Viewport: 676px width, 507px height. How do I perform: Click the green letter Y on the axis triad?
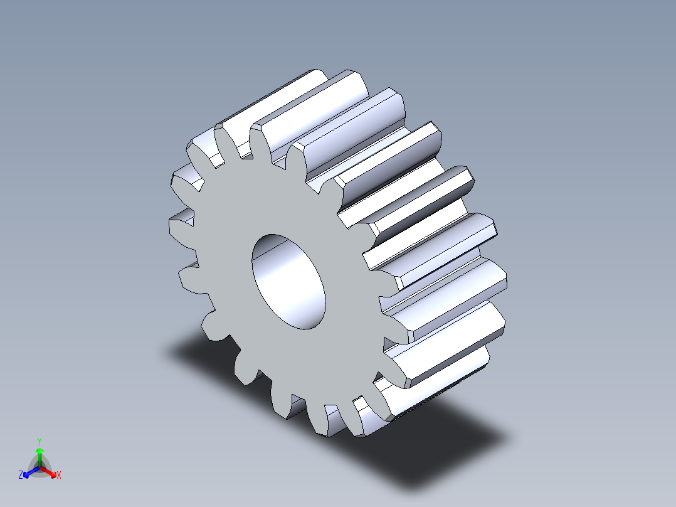pos(40,440)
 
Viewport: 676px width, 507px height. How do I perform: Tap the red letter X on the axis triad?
pos(58,475)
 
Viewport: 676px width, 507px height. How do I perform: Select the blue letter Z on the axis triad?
pos(21,475)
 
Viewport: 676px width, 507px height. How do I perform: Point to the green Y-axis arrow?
pos(40,455)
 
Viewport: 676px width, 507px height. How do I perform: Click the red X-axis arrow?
pos(50,471)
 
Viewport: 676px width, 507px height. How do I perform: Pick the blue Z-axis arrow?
pos(29,471)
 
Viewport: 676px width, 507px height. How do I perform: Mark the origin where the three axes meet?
pos(40,467)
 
